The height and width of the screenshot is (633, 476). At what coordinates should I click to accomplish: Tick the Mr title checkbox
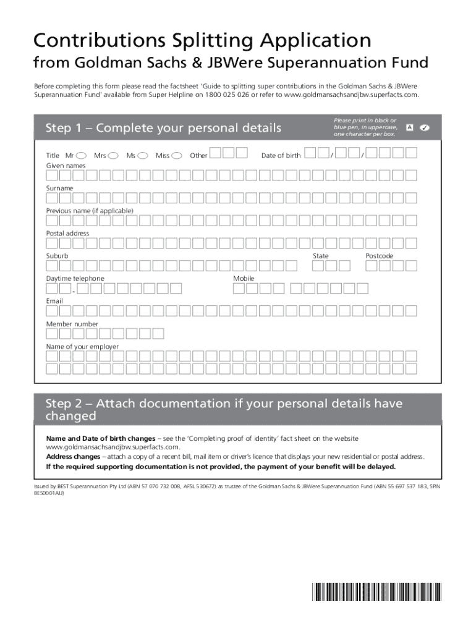(81, 156)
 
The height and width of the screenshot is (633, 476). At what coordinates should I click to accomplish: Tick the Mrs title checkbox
(114, 156)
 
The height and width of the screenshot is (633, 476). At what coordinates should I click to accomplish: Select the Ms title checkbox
(143, 156)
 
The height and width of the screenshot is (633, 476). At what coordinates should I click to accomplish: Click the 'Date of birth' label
(281, 156)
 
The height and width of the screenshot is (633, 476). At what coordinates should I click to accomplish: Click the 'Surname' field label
(59, 188)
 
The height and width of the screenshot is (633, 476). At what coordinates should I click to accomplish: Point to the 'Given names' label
(66, 166)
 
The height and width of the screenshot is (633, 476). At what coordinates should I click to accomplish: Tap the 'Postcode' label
(379, 256)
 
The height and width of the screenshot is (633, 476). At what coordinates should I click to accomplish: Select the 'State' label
(320, 256)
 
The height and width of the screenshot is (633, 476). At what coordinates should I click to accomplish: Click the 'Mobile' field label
(244, 279)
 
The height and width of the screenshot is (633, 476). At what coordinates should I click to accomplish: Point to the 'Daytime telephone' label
(75, 279)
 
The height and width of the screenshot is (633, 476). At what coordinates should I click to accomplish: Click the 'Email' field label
(54, 301)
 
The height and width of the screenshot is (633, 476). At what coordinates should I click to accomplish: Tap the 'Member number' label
(72, 324)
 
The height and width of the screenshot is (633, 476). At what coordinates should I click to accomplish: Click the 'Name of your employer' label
(82, 347)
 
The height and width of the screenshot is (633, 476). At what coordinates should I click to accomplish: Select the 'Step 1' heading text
(163, 128)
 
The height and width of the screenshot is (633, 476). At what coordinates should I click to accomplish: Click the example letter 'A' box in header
(409, 127)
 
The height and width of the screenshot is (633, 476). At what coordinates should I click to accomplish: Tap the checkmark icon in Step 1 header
(424, 127)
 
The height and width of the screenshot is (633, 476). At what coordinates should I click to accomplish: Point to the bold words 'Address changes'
(69, 457)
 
